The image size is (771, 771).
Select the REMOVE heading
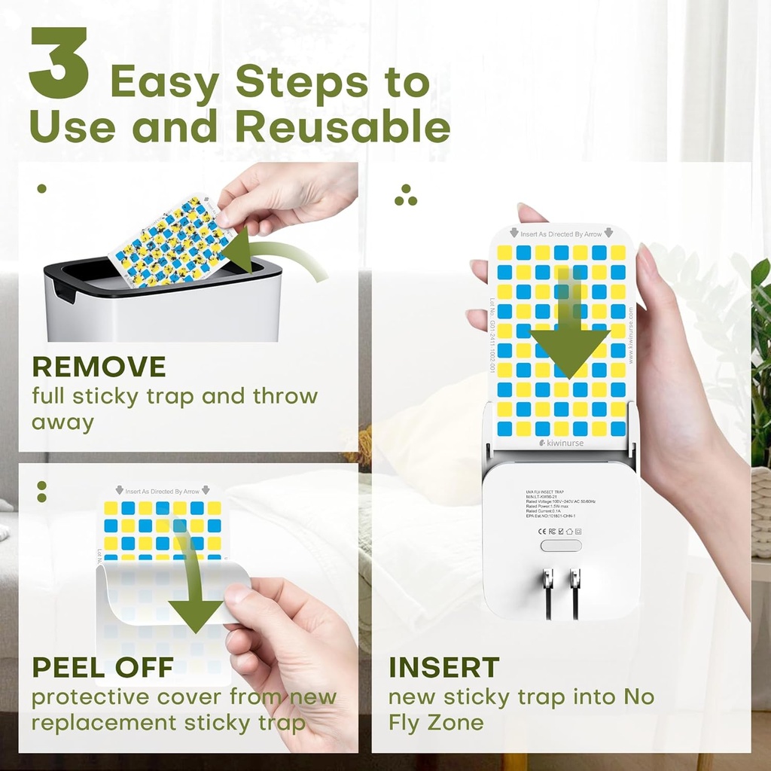click(99, 367)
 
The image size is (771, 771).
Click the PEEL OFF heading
click(102, 666)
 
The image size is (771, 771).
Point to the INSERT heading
click(443, 667)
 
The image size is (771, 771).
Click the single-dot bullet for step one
click(41, 189)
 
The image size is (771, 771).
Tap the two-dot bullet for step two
click(41, 492)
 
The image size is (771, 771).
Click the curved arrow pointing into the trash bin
click(279, 256)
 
